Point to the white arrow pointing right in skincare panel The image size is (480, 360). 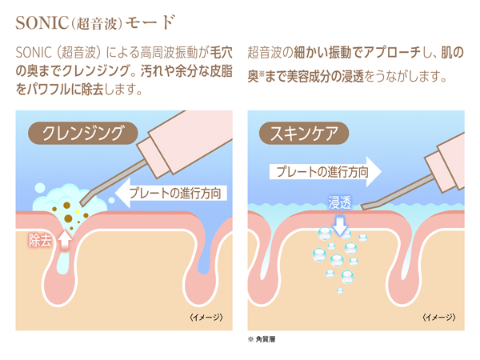point(372,170)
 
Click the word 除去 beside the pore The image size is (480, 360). point(40,240)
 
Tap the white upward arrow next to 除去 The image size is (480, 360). point(66,238)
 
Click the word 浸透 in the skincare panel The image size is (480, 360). point(341,203)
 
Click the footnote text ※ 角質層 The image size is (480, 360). point(263,340)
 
